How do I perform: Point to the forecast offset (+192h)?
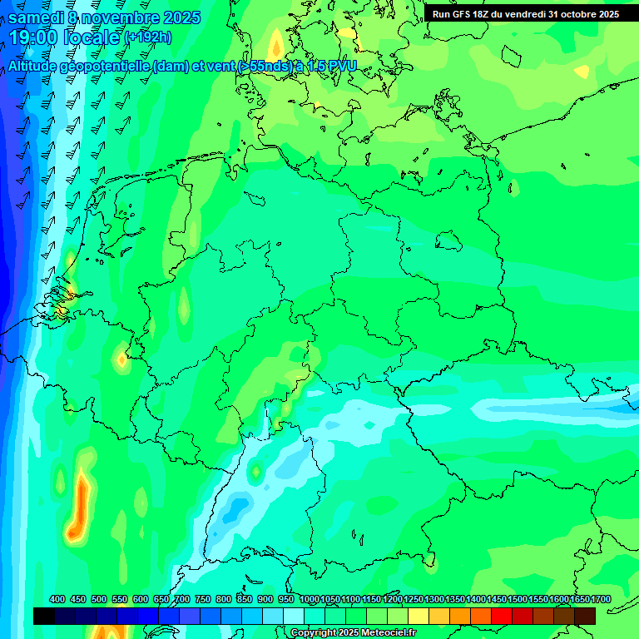(147, 37)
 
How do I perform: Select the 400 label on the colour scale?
(57, 599)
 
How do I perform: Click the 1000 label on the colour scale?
(309, 599)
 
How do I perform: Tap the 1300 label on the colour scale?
(434, 599)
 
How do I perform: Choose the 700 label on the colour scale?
(182, 599)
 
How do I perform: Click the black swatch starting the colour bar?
(44, 616)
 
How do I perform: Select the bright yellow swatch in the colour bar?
(419, 616)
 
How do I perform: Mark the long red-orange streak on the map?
(79, 503)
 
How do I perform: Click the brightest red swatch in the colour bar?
(502, 616)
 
